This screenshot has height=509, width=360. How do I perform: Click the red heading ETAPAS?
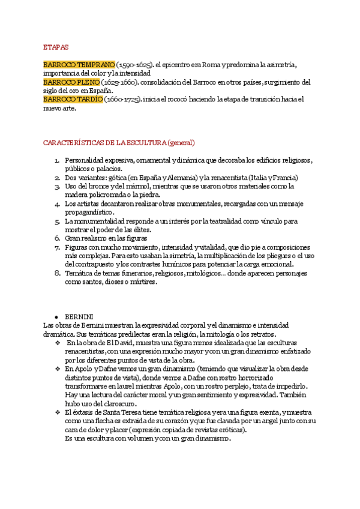pyautogui.click(x=56, y=46)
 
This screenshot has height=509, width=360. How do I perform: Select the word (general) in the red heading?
pyautogui.click(x=182, y=143)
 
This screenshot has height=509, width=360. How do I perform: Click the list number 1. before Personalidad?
pyautogui.click(x=56, y=161)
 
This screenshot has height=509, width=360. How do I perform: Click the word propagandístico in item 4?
pyautogui.click(x=89, y=212)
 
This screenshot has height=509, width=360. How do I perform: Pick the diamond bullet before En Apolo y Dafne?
pyautogui.click(x=58, y=369)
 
